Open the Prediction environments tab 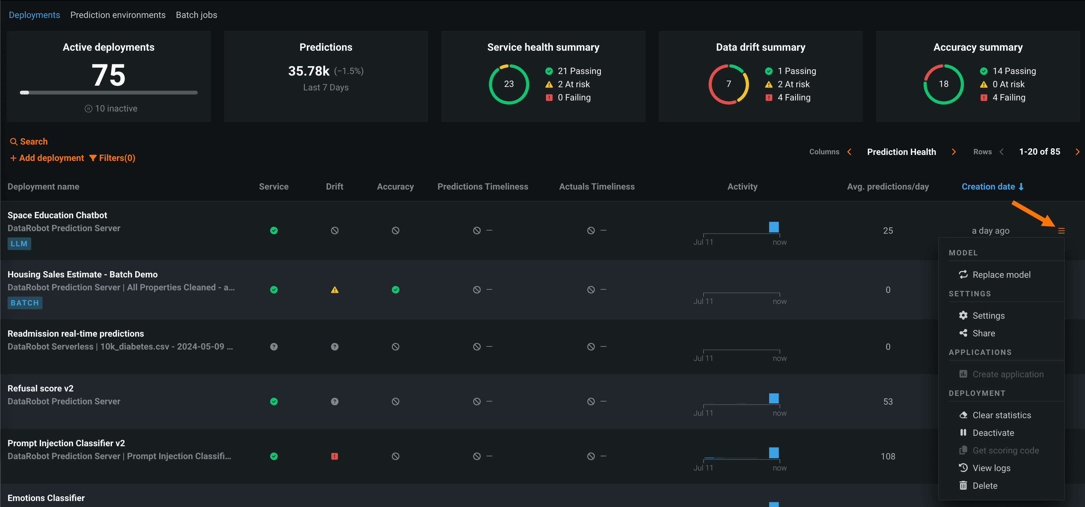(118, 15)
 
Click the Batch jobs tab (196, 15)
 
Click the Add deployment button (47, 158)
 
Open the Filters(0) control (113, 158)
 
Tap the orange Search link (29, 142)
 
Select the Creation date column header (992, 187)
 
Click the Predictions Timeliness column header (483, 187)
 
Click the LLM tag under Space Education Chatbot (19, 244)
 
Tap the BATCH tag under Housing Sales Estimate (25, 303)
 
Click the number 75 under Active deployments (109, 75)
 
